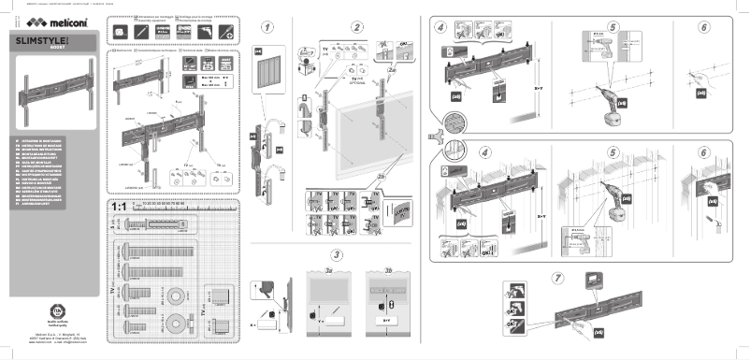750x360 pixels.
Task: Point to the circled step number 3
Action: [335, 255]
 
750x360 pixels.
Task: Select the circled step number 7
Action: [559, 278]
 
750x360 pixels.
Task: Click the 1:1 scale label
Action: [119, 206]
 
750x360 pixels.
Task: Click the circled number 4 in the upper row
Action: [440, 27]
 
